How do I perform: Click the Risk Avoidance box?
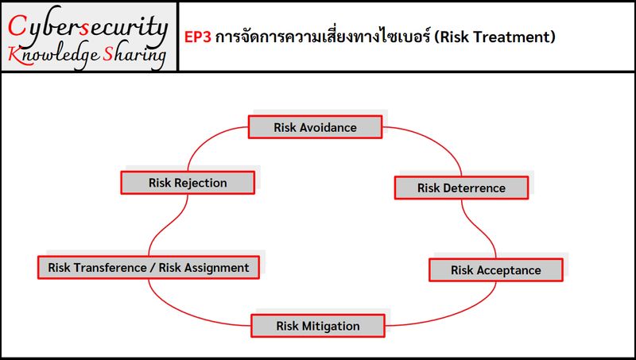coord(315,127)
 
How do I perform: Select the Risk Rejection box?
coord(188,183)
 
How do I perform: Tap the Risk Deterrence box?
coord(461,188)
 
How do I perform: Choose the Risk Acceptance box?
coord(495,270)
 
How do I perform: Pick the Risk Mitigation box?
coord(318,326)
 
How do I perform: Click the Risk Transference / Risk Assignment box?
coord(149,268)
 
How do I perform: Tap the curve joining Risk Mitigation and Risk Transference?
coord(183,310)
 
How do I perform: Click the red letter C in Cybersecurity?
coord(17,26)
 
